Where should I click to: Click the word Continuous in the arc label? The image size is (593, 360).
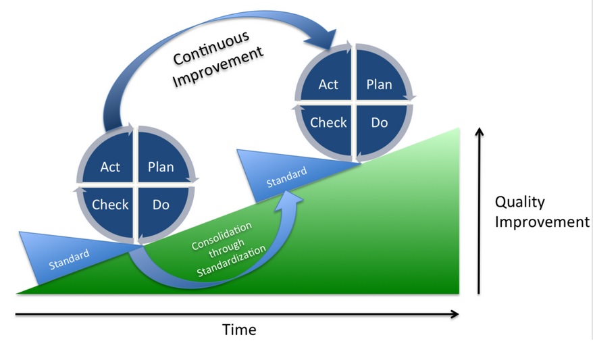211,48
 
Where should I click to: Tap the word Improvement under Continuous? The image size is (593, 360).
217,67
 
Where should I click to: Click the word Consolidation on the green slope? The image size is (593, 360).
222,236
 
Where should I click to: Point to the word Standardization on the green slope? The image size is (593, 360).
232,261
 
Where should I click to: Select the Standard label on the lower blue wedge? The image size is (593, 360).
69,259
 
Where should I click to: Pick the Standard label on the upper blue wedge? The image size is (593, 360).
286,178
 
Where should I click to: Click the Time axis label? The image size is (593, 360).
239,330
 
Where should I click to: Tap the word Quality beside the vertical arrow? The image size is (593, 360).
520,203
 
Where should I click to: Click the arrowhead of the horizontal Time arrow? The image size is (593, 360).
455,314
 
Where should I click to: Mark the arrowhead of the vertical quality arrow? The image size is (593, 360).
480,132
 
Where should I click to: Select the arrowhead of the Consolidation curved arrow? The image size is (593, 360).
288,198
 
